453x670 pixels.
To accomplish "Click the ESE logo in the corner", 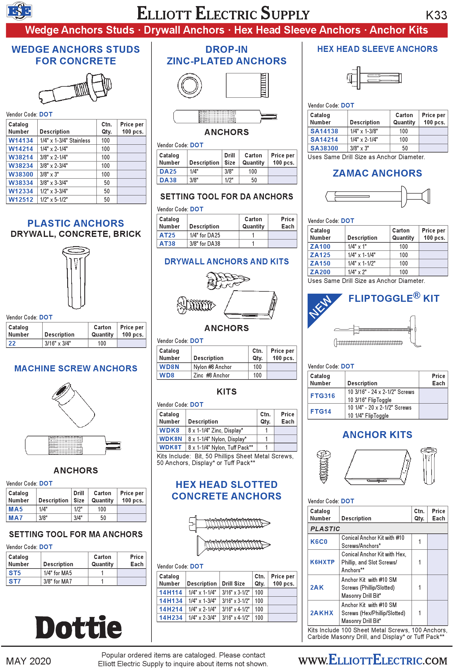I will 19,11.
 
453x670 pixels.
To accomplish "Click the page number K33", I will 436,15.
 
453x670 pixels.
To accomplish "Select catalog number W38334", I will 21,183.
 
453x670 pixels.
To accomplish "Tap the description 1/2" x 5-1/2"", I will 54,200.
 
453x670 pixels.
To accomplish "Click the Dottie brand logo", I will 78,627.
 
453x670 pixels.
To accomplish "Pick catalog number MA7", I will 16,518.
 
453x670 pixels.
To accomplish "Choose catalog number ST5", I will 15,573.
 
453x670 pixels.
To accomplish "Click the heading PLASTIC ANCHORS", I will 76,223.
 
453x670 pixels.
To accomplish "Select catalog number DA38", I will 168,180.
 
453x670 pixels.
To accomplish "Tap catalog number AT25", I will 167,235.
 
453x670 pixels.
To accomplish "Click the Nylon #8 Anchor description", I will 212,367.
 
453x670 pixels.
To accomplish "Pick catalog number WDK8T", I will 170,447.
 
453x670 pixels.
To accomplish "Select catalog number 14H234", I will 171,618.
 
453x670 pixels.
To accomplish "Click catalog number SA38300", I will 324,148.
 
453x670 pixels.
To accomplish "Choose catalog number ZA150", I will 320,263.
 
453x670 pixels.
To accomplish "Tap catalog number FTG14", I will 321,411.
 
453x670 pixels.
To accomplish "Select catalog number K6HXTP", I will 322,562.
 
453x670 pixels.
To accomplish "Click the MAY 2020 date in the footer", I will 28,661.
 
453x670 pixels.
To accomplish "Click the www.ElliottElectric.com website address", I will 373,660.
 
